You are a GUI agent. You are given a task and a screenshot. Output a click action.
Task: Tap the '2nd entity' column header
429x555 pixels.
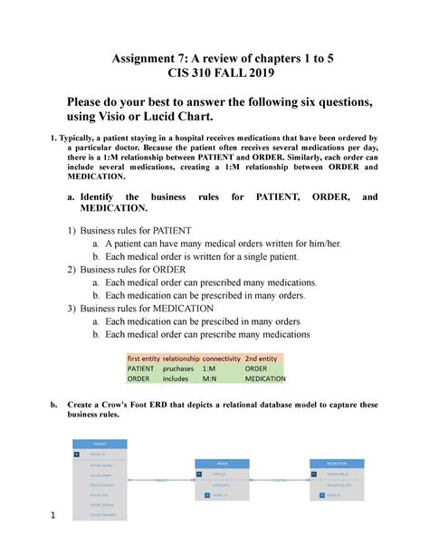266,359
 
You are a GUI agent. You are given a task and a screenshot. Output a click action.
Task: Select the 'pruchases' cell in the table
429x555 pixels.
178,369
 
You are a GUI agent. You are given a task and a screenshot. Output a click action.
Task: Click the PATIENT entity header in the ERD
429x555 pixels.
100,444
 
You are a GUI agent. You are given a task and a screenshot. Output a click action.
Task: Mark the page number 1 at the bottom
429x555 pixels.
54,517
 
